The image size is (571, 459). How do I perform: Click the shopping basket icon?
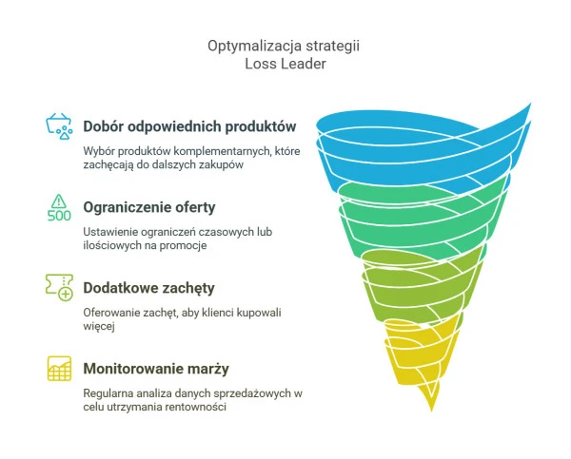[x=59, y=126]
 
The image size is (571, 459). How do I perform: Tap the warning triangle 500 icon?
[x=59, y=208]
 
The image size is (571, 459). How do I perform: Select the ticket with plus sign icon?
[x=59, y=287]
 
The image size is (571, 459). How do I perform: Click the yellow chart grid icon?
[x=59, y=369]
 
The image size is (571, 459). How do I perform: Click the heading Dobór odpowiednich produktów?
[x=189, y=126]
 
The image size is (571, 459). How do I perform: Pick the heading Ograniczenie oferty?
[x=149, y=207]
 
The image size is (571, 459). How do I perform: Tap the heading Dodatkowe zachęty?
[x=148, y=288]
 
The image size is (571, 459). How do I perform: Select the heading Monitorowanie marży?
[x=156, y=369]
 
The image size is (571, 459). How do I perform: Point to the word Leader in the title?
[x=305, y=64]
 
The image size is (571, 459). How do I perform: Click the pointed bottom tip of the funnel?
[x=432, y=411]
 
